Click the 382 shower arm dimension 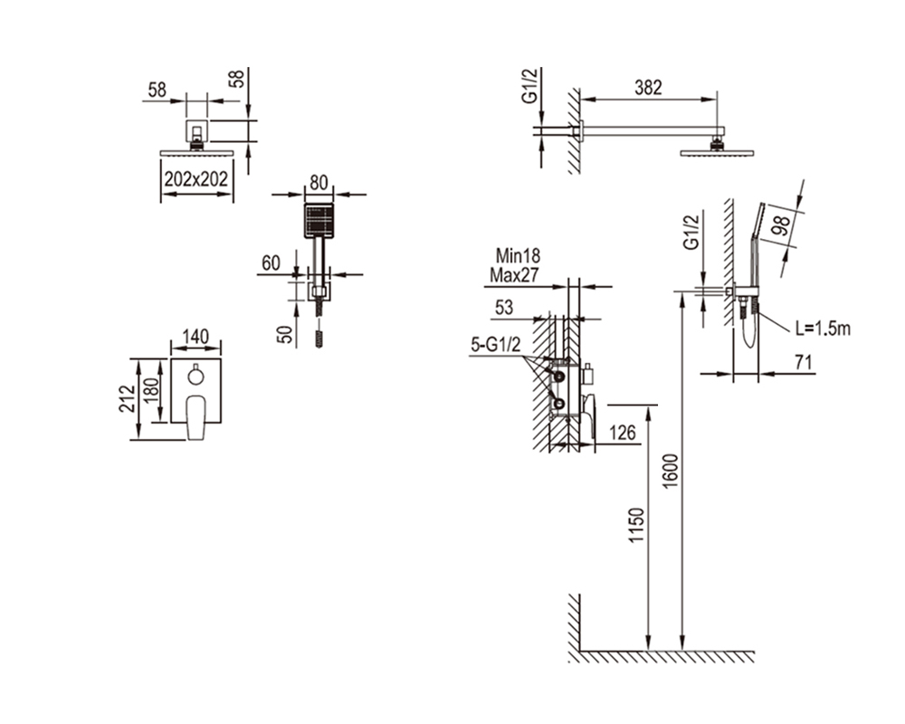tap(648, 88)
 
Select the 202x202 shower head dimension tap(196, 179)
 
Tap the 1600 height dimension tap(671, 472)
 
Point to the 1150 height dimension tap(635, 525)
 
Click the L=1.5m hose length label tap(823, 329)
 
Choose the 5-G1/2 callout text tap(496, 345)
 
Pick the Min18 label tap(518, 255)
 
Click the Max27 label tap(514, 275)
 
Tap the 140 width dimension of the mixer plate tap(195, 337)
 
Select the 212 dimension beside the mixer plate tap(127, 399)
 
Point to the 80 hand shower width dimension tap(319, 183)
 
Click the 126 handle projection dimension tap(623, 433)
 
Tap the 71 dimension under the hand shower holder tap(803, 363)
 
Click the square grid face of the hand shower tap(319, 221)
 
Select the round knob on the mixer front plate tap(195, 376)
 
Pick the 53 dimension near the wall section tap(504, 308)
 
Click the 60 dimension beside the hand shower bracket tap(271, 262)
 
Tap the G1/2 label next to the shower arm tap(529, 86)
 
